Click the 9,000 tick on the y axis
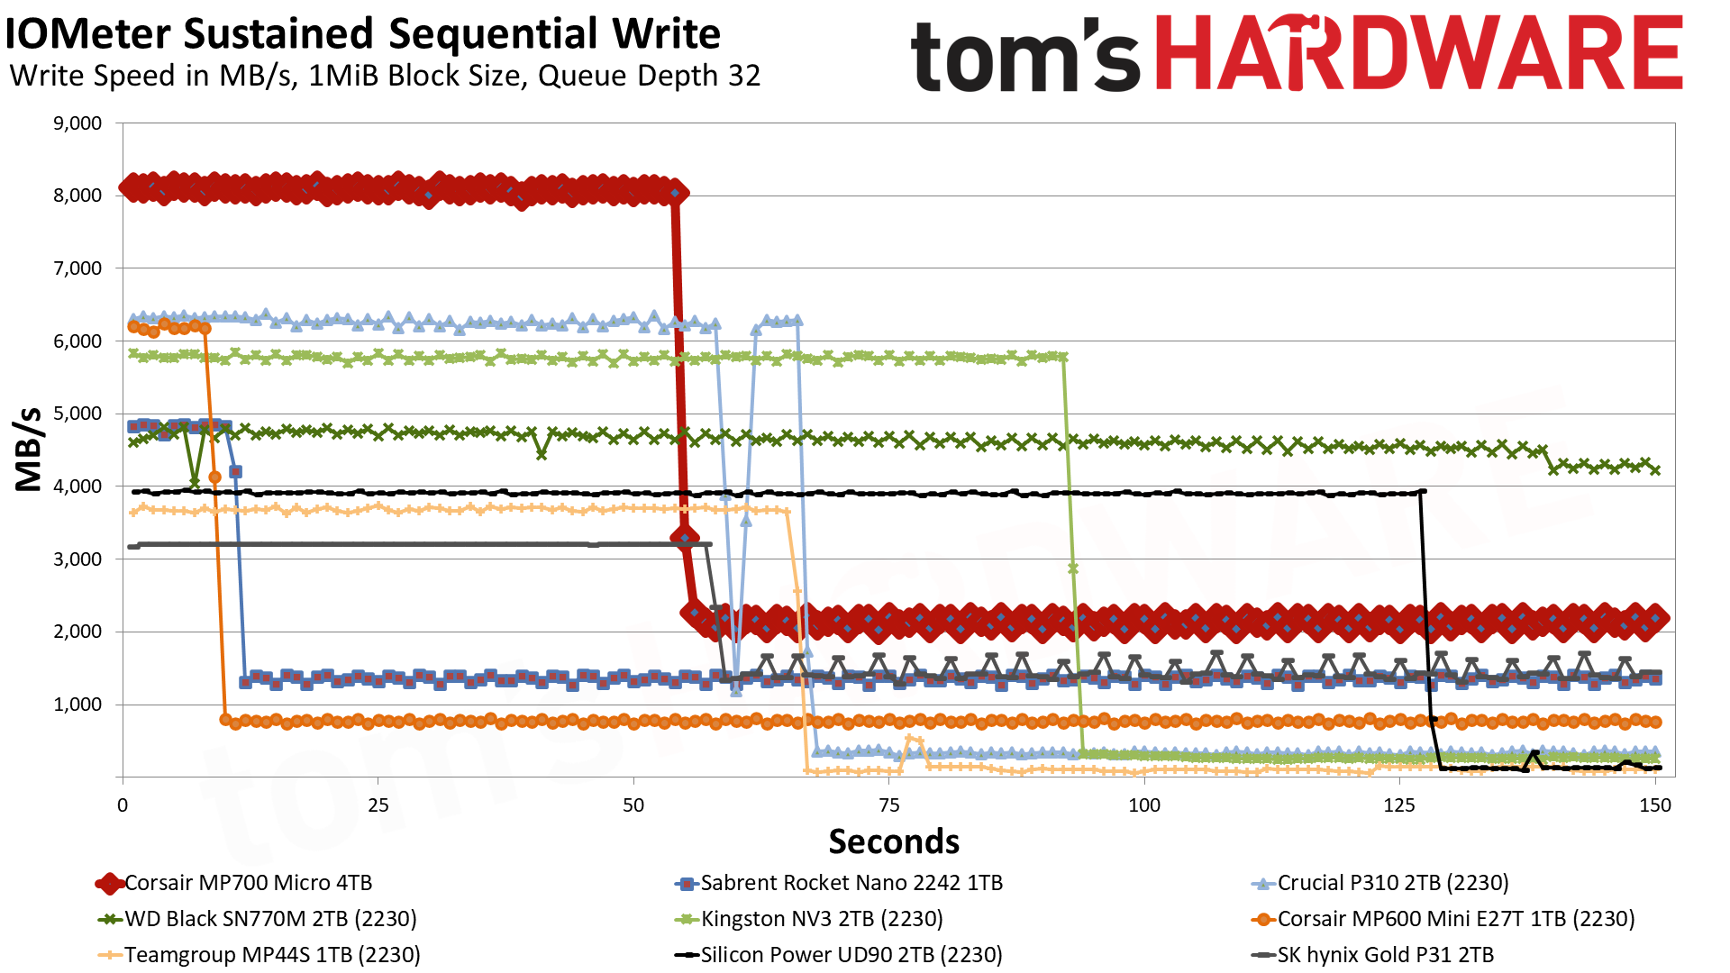point(77,123)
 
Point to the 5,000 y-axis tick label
point(77,414)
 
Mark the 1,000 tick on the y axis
point(77,705)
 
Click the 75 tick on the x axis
point(888,805)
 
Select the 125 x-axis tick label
point(1399,805)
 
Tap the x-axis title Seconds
point(894,841)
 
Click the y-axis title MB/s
point(29,449)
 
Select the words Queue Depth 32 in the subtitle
point(649,76)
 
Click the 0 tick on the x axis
point(123,805)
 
